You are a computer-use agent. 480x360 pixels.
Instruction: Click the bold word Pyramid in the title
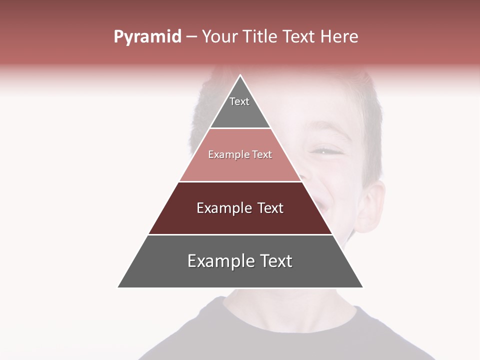coord(147,37)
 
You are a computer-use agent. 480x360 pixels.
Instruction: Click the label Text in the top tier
coord(239,101)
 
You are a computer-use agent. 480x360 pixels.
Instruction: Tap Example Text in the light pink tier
coord(240,155)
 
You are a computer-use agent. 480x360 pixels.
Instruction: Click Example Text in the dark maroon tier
coord(240,208)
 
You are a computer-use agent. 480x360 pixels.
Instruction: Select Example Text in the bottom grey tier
coord(240,261)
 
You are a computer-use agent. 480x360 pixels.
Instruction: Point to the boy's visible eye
coord(324,150)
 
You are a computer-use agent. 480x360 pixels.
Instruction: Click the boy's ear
coord(372,205)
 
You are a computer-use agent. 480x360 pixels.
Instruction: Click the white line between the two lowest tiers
coord(240,234)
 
